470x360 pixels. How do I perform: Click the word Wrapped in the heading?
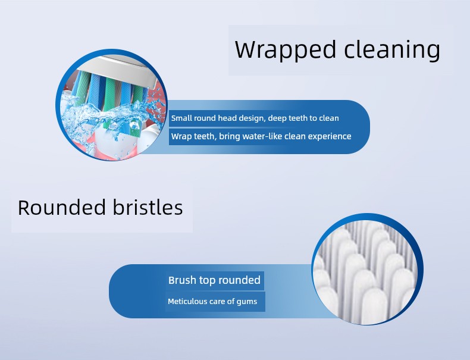coord(286,50)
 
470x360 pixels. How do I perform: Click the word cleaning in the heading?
coord(392,50)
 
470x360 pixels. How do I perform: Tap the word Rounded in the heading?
coord(62,207)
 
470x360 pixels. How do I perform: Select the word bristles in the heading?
coord(148,207)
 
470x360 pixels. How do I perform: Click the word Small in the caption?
coord(181,118)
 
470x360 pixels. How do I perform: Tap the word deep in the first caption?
coord(277,118)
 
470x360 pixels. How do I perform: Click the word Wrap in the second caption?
coord(181,137)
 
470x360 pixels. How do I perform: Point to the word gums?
coord(247,302)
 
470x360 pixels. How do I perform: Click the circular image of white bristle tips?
coord(368,269)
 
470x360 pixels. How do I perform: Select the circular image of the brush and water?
coord(111,105)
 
